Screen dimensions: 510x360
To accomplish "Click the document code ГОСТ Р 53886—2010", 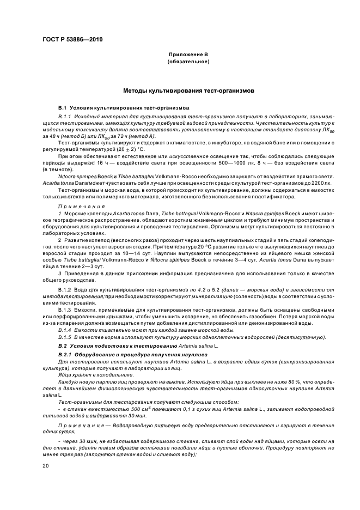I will (72, 39).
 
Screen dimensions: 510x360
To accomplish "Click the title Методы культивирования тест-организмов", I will (188, 91).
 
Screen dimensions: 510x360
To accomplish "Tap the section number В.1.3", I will (65, 309).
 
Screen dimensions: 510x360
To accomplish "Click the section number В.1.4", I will (65, 330).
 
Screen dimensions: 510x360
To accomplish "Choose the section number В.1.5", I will (65, 337).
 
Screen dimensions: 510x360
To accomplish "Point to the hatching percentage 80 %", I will (278, 381).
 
